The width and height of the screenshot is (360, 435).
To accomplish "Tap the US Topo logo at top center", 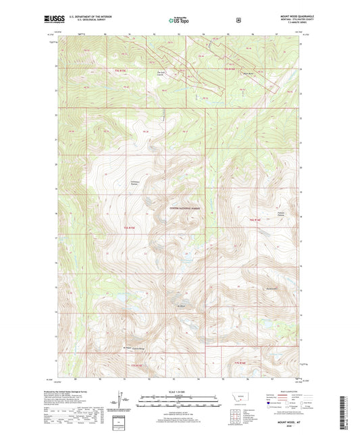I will [179, 21].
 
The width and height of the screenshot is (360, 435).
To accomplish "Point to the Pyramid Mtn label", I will [272, 289].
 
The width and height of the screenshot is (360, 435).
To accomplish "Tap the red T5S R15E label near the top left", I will [111, 70].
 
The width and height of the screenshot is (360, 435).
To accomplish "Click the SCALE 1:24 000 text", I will [179, 392].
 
